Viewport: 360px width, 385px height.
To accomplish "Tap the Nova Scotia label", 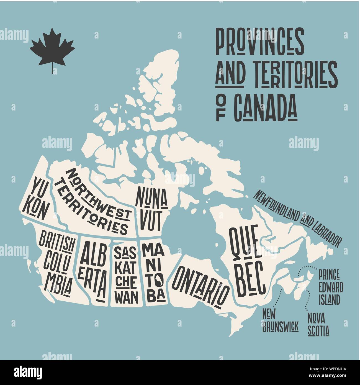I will pos(318,324).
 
